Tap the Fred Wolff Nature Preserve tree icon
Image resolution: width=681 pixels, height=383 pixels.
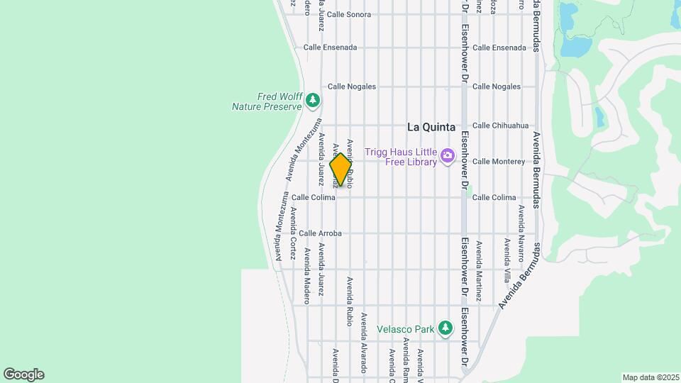(x=313, y=101)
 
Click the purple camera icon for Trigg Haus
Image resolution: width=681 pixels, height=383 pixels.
(x=448, y=155)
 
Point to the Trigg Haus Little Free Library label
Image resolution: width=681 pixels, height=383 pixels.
(x=401, y=155)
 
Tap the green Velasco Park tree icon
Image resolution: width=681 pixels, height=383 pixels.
(x=445, y=328)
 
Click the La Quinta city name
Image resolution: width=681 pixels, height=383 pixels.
(x=431, y=127)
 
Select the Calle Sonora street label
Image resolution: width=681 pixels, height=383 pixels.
(x=349, y=14)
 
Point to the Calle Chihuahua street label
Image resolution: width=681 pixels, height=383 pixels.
(x=500, y=126)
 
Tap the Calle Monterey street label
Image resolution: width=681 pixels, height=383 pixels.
(x=498, y=162)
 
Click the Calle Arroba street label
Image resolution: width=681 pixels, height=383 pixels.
(x=320, y=233)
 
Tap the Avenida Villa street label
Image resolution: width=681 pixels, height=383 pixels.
(x=506, y=260)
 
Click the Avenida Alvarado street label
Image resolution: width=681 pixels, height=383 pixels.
(x=363, y=343)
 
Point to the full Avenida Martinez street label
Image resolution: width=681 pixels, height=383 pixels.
(x=479, y=271)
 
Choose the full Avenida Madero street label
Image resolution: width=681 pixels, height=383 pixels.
(x=307, y=275)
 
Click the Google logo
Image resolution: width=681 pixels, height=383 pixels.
(x=23, y=374)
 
